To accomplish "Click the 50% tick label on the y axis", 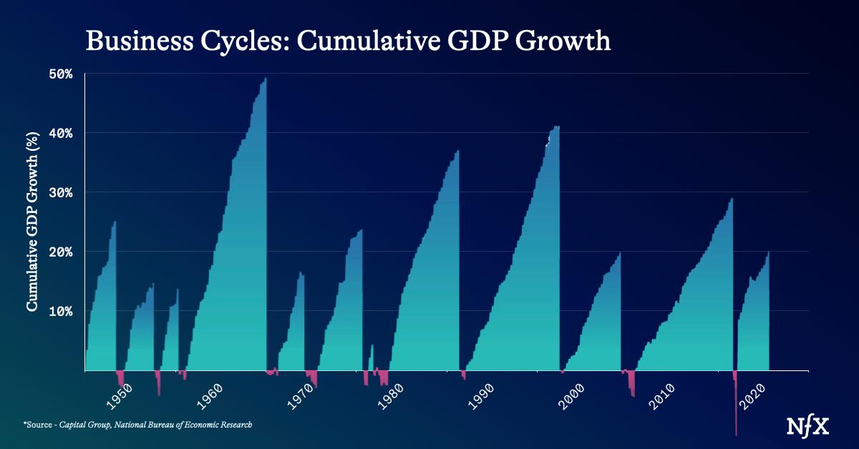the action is [61, 74].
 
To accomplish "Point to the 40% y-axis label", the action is [61, 134].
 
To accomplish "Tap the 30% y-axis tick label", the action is [61, 193].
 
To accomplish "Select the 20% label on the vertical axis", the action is [61, 252].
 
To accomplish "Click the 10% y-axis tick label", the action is [61, 312].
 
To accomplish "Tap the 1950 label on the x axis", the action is [120, 397].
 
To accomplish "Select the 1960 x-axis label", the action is [210, 397].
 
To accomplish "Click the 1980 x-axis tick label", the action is [391, 397].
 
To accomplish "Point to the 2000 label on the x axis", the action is [572, 397].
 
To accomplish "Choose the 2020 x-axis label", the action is [752, 397].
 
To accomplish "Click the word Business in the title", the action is [140, 41].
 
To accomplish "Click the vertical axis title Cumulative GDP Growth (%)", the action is [32, 222].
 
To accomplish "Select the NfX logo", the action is [807, 426].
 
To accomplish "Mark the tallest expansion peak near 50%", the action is [266, 78].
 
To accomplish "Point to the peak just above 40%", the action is [556, 127].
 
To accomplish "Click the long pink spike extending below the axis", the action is [736, 406].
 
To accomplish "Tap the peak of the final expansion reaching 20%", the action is [768, 252].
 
